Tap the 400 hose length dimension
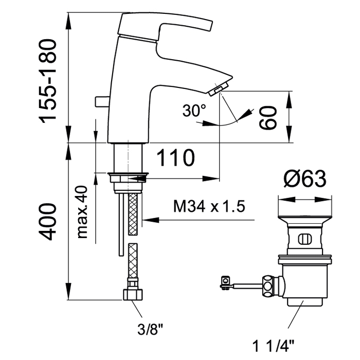click(47, 222)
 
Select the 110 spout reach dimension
click(176, 158)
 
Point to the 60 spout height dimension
click(268, 118)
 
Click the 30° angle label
click(194, 111)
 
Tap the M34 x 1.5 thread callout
click(209, 206)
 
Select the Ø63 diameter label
click(305, 179)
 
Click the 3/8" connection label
click(150, 330)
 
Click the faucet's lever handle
click(165, 27)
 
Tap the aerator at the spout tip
click(219, 89)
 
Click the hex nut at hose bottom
click(133, 295)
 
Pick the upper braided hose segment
click(133, 214)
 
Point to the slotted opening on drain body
click(304, 240)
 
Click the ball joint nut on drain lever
click(268, 286)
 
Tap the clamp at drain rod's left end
click(225, 283)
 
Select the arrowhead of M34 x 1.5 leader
click(151, 220)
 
